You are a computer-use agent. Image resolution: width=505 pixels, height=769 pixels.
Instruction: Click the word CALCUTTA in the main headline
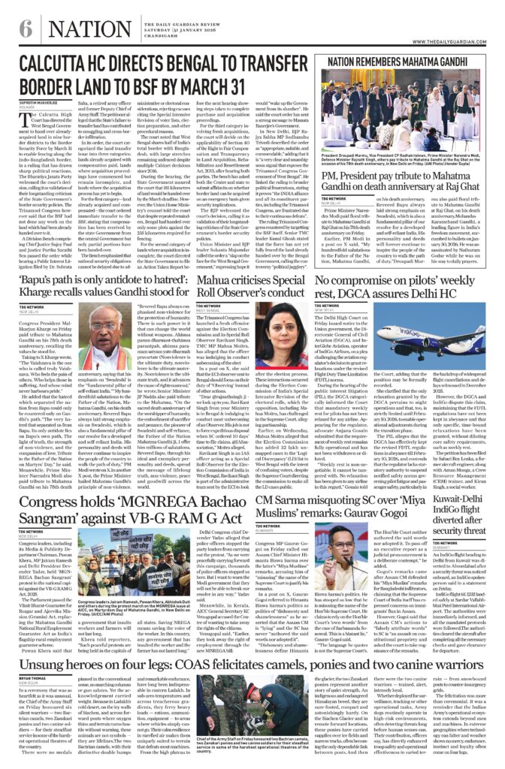[60, 66]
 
